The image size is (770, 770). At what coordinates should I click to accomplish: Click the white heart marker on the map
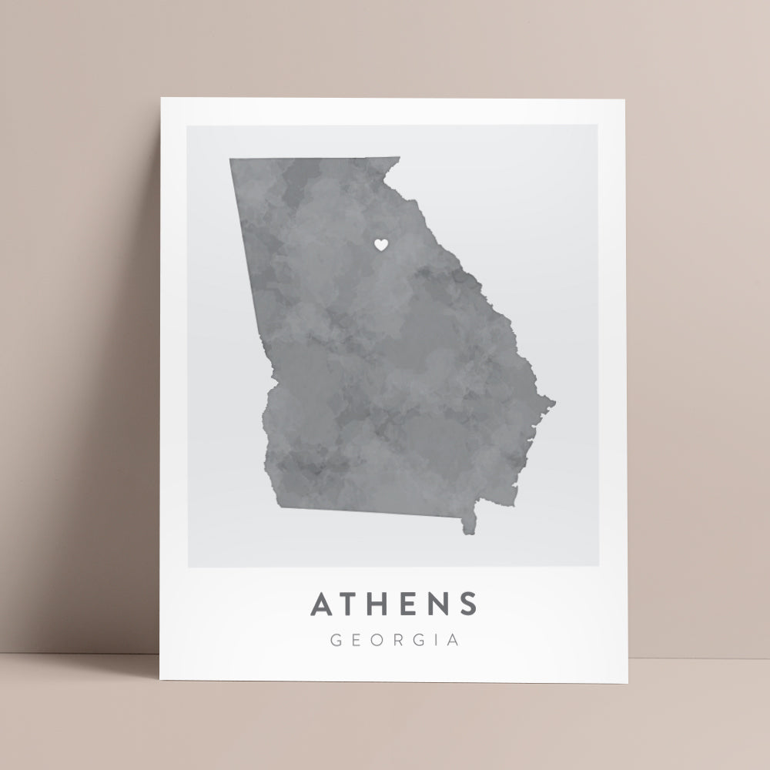380,244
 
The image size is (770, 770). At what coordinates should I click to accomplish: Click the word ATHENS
393,604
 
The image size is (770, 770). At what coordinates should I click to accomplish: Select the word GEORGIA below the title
393,639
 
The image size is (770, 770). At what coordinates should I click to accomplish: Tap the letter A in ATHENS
323,604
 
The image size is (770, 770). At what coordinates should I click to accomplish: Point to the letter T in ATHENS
352,604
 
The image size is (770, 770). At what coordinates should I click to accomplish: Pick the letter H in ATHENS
382,604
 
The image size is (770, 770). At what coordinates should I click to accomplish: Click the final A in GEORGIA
453,639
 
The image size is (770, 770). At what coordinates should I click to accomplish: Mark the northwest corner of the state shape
230,159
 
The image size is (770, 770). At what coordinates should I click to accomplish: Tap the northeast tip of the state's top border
399,159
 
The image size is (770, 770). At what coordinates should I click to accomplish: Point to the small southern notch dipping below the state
468,530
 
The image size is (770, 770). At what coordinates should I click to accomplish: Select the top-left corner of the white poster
161,99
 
